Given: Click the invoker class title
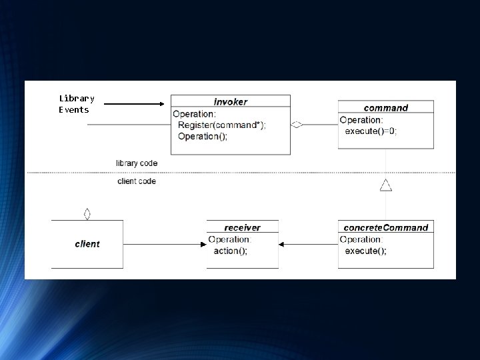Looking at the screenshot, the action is (230, 102).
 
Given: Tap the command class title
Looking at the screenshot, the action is (385, 108).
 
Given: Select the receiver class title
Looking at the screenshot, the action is (242, 227).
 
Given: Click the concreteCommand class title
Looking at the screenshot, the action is (385, 227).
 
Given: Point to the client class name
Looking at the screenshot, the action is (87, 244).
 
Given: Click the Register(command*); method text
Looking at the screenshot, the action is (221, 125).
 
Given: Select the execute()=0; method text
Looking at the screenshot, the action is (371, 131).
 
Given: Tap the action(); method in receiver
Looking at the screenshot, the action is (230, 251).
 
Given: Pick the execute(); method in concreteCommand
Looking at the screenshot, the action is (365, 251).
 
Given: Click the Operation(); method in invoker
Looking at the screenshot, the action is (203, 136).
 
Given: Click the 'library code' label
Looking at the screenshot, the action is (137, 163).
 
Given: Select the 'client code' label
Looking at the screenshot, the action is (137, 181).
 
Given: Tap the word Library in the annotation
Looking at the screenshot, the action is (77, 98).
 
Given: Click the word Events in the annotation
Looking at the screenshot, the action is (74, 109).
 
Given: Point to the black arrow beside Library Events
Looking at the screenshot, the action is (134, 104).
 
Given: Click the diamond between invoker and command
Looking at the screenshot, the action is (297, 124).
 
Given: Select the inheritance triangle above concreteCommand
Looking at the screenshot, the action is (385, 185).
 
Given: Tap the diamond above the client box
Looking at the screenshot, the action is (87, 214).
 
